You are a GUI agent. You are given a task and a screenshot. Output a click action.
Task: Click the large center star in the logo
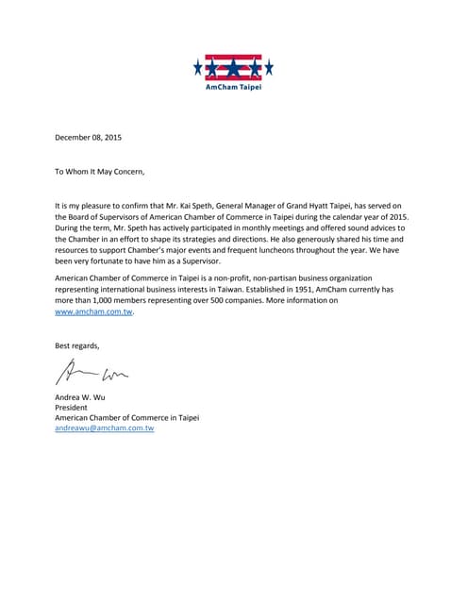click(x=234, y=68)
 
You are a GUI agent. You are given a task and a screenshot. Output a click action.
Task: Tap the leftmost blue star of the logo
click(x=198, y=67)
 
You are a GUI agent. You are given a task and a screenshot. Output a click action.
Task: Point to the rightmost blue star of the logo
click(x=270, y=67)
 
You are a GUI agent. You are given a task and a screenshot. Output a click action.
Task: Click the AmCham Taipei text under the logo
click(x=234, y=87)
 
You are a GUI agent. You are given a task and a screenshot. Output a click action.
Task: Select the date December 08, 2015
click(x=89, y=139)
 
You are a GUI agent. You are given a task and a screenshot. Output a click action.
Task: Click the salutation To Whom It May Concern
click(x=100, y=171)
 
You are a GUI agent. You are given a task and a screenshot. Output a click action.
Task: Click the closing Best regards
click(x=77, y=345)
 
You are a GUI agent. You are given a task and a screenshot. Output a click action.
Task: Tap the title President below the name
click(x=72, y=407)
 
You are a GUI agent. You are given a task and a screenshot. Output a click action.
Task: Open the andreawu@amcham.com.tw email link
click(x=105, y=428)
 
